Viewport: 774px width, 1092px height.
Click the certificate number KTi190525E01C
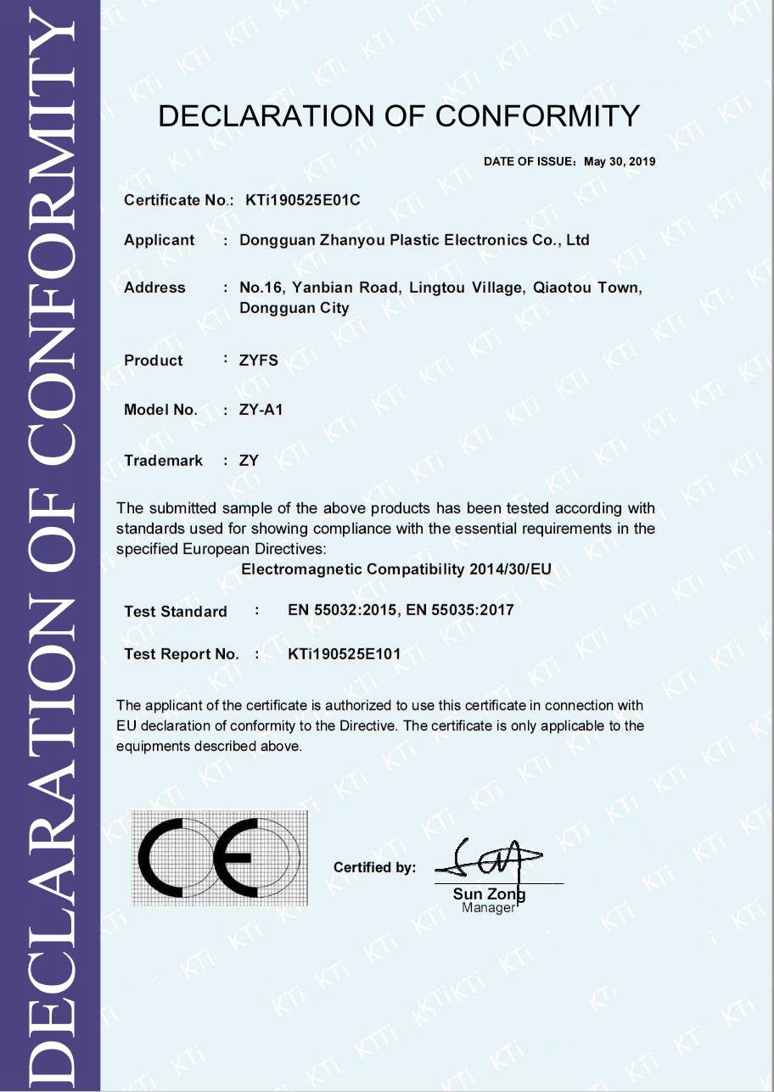coord(303,201)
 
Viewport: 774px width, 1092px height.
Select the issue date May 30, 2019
coord(620,161)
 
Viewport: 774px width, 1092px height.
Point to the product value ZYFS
coord(259,361)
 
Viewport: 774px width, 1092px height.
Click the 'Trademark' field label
coord(163,461)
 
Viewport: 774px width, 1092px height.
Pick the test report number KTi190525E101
coord(345,654)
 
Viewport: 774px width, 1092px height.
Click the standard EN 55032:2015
coord(344,610)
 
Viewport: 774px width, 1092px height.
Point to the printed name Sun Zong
coord(489,894)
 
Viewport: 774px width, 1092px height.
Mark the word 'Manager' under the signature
coord(488,908)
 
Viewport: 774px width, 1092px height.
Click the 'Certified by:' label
coord(374,868)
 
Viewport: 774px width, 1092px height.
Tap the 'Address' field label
coord(154,288)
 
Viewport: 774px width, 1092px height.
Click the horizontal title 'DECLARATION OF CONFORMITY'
coord(399,116)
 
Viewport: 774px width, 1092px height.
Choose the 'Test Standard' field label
coord(176,612)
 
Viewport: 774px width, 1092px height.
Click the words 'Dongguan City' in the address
coord(294,308)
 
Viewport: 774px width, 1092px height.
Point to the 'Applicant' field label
coord(160,240)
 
